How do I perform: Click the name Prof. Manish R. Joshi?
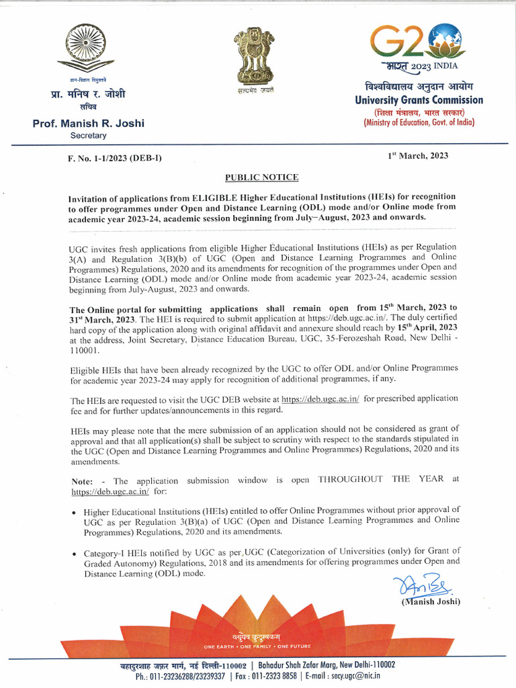(x=88, y=124)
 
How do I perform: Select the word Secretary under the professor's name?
(x=88, y=136)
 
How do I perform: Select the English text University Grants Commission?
(x=419, y=100)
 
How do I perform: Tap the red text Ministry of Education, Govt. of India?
(x=419, y=123)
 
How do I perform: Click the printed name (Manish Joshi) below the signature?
(x=431, y=602)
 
